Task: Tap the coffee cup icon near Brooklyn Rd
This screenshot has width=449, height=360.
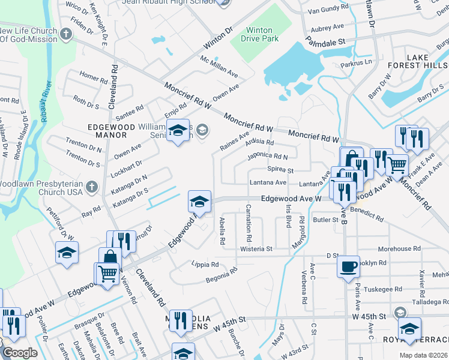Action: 349,266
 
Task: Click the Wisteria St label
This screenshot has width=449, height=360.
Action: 256,248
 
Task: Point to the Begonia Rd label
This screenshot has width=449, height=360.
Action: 222,274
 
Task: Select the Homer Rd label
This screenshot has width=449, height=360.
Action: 93,77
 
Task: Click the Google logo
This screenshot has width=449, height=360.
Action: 19,353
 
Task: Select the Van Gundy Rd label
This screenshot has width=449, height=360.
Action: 328,11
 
